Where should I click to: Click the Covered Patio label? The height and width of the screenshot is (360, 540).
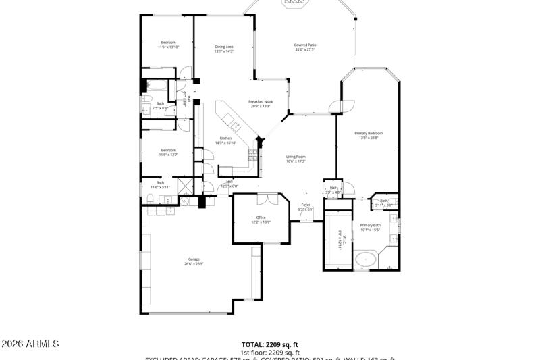(305, 45)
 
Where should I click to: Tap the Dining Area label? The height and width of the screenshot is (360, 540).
(224, 46)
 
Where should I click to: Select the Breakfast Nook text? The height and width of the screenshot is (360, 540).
(261, 101)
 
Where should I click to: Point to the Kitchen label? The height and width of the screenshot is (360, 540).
(225, 138)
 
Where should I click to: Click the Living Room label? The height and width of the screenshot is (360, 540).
(296, 157)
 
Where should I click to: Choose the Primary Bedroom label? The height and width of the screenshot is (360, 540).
(369, 133)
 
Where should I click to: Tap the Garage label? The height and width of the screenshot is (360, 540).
(194, 259)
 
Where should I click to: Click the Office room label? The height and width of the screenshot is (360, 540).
(261, 217)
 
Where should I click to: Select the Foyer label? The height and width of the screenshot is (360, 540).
(306, 204)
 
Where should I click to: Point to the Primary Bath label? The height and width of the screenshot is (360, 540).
(370, 225)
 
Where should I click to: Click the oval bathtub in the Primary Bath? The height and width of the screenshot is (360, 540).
(365, 259)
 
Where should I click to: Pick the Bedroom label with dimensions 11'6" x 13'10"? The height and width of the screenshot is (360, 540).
(168, 43)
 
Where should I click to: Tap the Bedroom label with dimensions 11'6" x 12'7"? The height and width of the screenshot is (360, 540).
(168, 150)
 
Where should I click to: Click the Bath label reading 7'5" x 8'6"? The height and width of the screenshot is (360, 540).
(160, 103)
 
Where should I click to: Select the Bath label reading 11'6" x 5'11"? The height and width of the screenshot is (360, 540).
(161, 182)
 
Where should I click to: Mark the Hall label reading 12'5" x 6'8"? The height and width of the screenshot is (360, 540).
(230, 182)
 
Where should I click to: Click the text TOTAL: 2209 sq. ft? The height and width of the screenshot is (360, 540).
(269, 344)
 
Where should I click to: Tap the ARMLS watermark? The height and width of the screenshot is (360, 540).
(30, 344)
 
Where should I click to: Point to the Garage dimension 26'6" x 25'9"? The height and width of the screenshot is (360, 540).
(194, 264)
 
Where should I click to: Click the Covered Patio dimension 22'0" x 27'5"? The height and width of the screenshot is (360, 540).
(305, 49)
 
